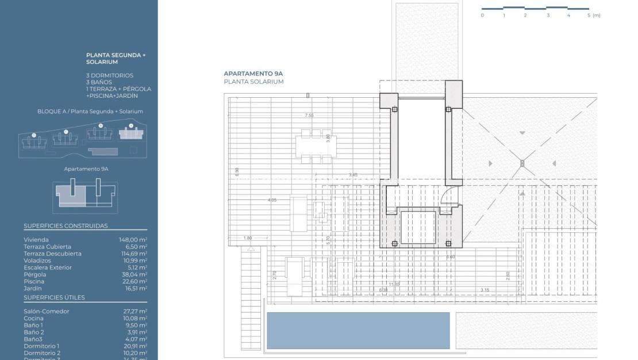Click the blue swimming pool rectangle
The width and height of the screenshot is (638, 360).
[x=358, y=331]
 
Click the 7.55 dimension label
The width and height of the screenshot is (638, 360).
[x=309, y=116]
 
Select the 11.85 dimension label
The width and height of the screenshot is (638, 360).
[x=394, y=284]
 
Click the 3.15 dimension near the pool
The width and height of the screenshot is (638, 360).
[x=485, y=290]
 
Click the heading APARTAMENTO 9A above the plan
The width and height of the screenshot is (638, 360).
[x=253, y=74]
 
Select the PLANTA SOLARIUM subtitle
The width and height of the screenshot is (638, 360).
[x=253, y=82]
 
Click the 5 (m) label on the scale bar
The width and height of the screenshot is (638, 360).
[x=594, y=16]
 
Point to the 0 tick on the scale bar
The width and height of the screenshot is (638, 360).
[x=482, y=16]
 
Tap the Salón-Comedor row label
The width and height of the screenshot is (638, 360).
[x=46, y=311]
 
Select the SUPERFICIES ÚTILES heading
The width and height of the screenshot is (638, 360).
[x=54, y=297]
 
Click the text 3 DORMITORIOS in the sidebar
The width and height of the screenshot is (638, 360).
[x=109, y=75]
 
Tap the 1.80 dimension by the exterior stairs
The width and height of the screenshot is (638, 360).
[x=248, y=238]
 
